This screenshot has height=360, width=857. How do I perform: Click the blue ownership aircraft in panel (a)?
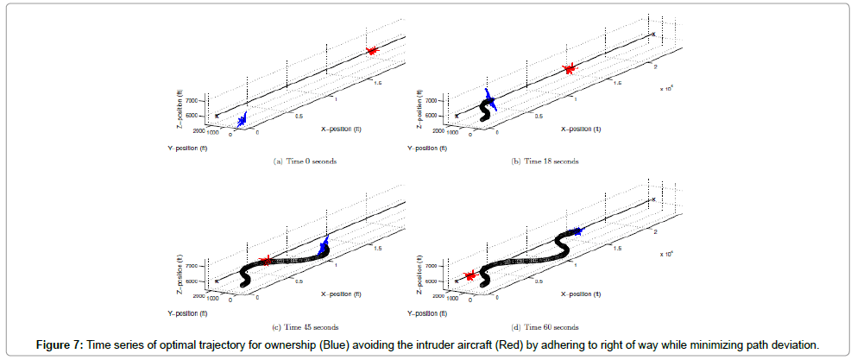click(x=243, y=120)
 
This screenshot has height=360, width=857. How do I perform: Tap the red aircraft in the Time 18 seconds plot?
click(x=569, y=68)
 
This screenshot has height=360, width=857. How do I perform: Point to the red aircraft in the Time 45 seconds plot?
click(x=266, y=260)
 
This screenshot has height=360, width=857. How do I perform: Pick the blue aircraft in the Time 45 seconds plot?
click(x=325, y=247)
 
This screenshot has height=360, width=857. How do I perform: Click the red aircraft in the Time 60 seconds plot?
click(x=470, y=276)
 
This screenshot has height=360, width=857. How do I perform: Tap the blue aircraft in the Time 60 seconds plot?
click(x=577, y=231)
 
